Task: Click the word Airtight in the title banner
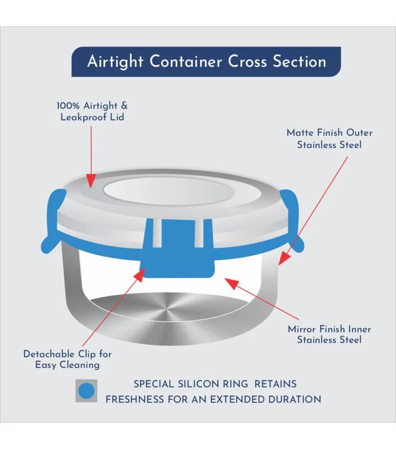click(x=115, y=62)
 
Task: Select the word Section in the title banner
click(x=300, y=61)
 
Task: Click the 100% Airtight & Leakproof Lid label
click(x=92, y=111)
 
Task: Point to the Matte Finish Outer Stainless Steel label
click(x=329, y=139)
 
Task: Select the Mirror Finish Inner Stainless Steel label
click(x=329, y=334)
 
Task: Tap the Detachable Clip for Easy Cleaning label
click(x=67, y=359)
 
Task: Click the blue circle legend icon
click(x=86, y=391)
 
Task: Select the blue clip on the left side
click(x=54, y=221)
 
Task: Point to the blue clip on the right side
click(x=291, y=221)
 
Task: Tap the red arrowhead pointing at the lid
click(x=91, y=181)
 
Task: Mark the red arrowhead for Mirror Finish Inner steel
click(x=232, y=283)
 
